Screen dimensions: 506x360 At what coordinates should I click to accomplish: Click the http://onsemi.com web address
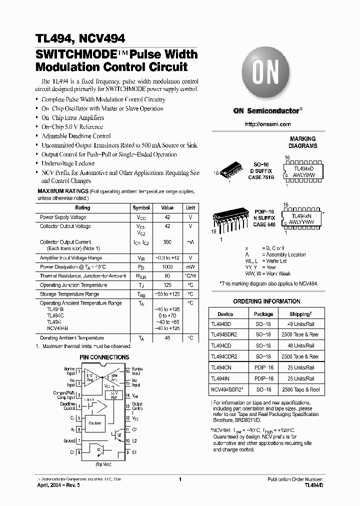click(x=268, y=124)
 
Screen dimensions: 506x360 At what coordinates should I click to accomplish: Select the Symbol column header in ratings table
click(x=141, y=207)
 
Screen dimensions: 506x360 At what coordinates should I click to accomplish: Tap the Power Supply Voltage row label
click(x=63, y=217)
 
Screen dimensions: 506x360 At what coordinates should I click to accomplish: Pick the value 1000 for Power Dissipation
click(x=167, y=267)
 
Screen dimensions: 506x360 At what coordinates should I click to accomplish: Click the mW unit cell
click(x=190, y=267)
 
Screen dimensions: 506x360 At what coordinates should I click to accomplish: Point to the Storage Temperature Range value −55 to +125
click(x=167, y=294)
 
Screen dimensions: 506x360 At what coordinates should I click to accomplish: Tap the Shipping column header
click(x=300, y=314)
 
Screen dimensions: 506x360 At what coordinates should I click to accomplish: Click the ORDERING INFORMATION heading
click(x=267, y=301)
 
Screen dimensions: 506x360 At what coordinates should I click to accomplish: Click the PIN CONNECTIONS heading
click(x=104, y=357)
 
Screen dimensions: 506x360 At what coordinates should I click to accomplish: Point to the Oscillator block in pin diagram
click(x=94, y=423)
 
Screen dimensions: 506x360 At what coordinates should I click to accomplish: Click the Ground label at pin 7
click(x=69, y=441)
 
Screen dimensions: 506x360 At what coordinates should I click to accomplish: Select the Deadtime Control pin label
click(x=67, y=405)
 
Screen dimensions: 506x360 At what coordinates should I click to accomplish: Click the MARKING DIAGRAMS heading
click(x=303, y=142)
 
